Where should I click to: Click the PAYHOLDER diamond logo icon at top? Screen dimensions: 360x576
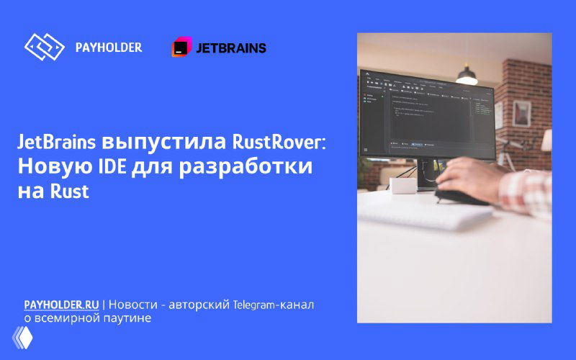45,48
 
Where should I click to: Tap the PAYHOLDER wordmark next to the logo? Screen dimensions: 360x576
109,48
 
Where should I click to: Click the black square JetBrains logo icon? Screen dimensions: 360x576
181,48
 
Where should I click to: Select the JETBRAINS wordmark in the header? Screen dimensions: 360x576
231,48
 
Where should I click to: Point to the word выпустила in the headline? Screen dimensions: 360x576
160,142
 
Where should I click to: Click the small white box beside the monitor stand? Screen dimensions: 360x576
402,186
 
